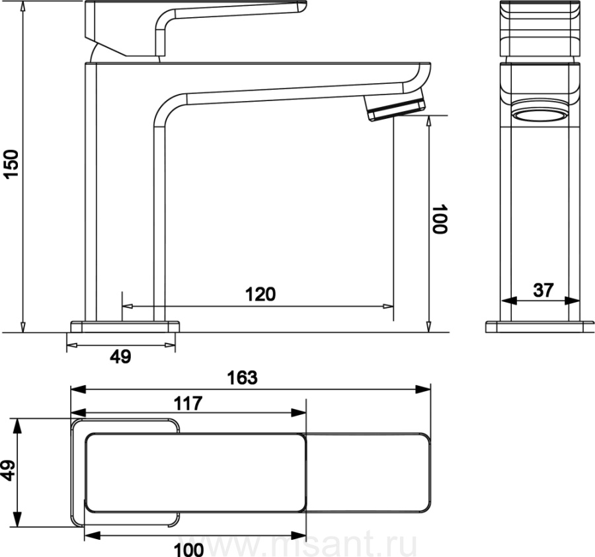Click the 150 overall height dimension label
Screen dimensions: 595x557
(11, 164)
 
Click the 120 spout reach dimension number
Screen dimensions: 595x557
(260, 294)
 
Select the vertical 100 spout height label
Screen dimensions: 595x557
(440, 219)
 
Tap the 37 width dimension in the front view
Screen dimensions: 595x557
(543, 290)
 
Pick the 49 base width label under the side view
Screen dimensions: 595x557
(120, 356)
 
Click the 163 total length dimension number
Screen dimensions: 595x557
(242, 378)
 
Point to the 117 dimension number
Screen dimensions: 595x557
(188, 404)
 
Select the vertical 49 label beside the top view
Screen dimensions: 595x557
(9, 470)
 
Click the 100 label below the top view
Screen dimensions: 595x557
(188, 550)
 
